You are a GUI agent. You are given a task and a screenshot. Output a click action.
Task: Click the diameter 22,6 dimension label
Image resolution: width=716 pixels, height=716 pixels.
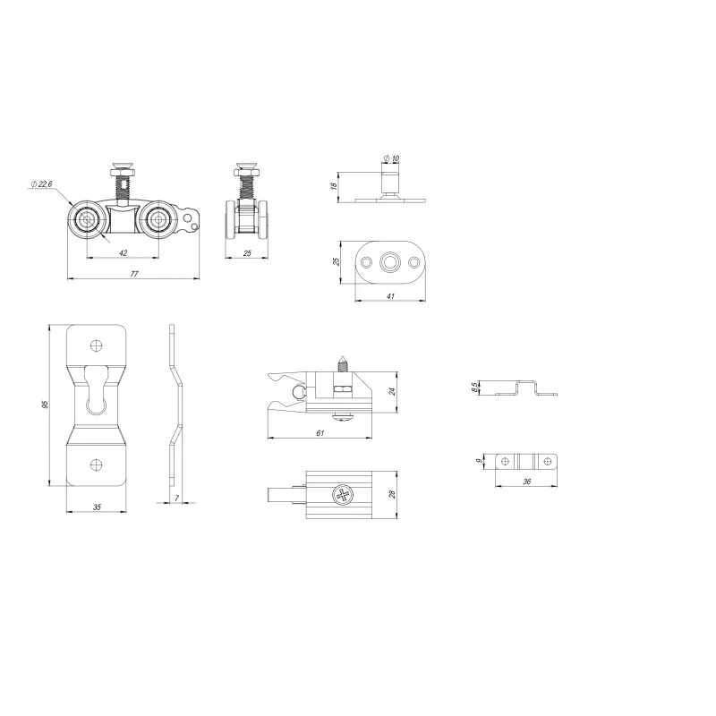[41, 184]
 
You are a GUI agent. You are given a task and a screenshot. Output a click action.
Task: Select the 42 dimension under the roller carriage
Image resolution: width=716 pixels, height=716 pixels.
[123, 252]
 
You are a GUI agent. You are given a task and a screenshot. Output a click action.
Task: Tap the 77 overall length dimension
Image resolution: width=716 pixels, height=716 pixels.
[134, 274]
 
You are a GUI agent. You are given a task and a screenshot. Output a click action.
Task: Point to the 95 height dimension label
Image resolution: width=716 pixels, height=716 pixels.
[45, 405]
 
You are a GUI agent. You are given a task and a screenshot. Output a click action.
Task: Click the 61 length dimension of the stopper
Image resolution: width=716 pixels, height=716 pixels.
[320, 433]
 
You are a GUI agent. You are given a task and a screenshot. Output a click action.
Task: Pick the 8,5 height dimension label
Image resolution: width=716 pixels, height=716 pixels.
[475, 388]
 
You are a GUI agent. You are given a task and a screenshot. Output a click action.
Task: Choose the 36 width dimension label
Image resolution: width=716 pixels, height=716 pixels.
[527, 482]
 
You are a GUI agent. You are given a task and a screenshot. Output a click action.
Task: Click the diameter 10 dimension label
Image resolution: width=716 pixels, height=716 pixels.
[391, 158]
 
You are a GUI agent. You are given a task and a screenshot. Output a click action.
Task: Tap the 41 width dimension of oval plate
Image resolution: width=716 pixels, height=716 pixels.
[390, 296]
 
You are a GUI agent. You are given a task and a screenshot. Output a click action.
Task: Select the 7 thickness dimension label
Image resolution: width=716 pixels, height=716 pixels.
[177, 499]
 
